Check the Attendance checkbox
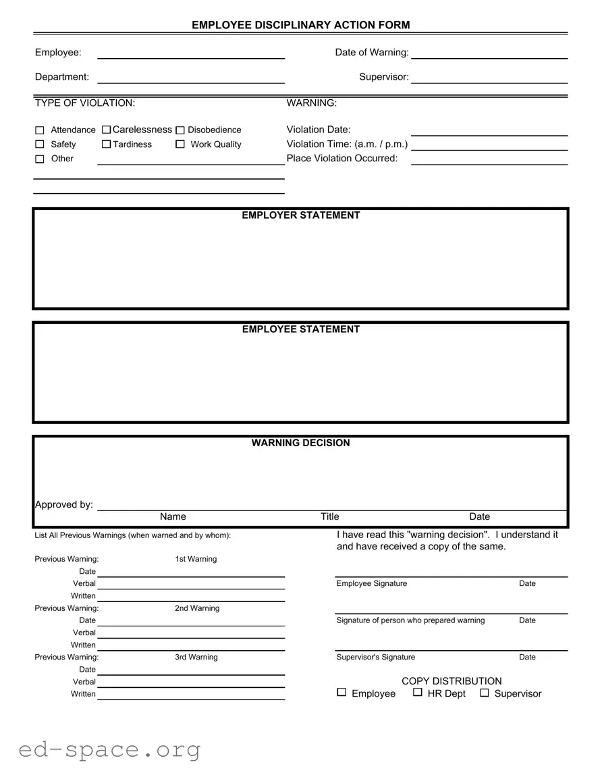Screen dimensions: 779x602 [39, 130]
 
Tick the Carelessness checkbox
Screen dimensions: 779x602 [106, 130]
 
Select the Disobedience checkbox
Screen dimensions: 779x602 [180, 130]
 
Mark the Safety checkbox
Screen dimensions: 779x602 [39, 144]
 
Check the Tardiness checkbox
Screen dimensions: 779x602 [106, 144]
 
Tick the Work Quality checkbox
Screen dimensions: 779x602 [180, 144]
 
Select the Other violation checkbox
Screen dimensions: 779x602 [39, 159]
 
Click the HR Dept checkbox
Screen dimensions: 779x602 [418, 693]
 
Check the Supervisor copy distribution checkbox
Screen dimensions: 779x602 [484, 693]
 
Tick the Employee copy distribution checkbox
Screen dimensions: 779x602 [341, 693]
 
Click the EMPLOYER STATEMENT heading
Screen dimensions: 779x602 [301, 215]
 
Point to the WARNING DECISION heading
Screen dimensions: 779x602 [301, 443]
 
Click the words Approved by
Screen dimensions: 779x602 [64, 505]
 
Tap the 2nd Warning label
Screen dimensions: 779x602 [197, 608]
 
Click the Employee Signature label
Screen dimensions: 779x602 [372, 584]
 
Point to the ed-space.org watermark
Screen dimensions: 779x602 [109, 749]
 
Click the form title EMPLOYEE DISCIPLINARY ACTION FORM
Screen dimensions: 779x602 [301, 25]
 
